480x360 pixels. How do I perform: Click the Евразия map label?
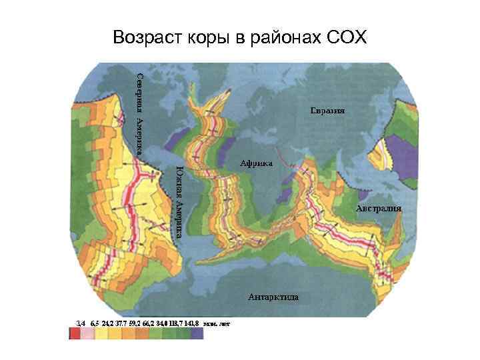[x=327, y=109]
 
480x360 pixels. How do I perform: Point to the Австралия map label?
[x=378, y=208]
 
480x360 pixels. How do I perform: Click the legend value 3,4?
[x=81, y=324]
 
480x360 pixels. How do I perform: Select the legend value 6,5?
[x=95, y=324]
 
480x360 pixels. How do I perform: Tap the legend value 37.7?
[x=121, y=324]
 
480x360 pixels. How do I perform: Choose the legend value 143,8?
[x=193, y=324]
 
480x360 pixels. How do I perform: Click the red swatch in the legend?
[x=75, y=334]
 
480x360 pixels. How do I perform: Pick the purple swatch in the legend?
[x=196, y=334]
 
